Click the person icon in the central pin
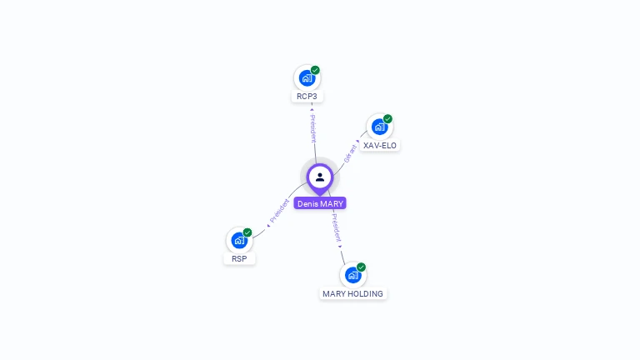point(320,177)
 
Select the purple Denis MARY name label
point(320,203)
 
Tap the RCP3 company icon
point(307,78)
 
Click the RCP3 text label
point(307,97)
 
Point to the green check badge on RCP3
point(315,70)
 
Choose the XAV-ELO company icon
point(379,127)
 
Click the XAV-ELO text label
point(381,145)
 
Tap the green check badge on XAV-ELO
point(387,119)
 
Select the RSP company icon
point(239,241)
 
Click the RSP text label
point(239,259)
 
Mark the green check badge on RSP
point(247,232)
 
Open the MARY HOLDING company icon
point(352,275)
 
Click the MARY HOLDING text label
point(353,293)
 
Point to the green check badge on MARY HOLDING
point(361,267)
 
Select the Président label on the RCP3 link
point(312,127)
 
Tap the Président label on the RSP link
point(279,211)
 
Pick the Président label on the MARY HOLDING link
point(335,227)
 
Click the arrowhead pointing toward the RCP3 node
point(311,108)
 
